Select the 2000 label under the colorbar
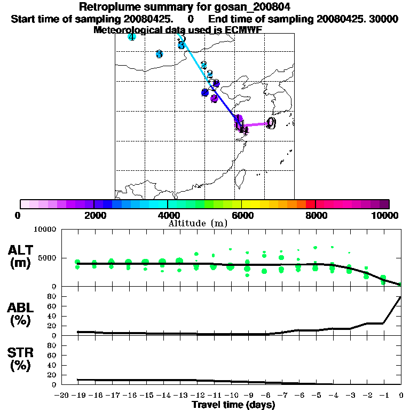pyautogui.click(x=94, y=215)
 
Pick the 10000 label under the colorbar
pyautogui.click(x=385, y=215)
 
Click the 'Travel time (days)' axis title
pyautogui.click(x=233, y=405)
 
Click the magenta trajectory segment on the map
pyautogui.click(x=256, y=124)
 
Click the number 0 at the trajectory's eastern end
pyautogui.click(x=271, y=123)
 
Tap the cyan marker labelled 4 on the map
pyautogui.click(x=131, y=37)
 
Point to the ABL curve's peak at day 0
pyautogui.click(x=401, y=297)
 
